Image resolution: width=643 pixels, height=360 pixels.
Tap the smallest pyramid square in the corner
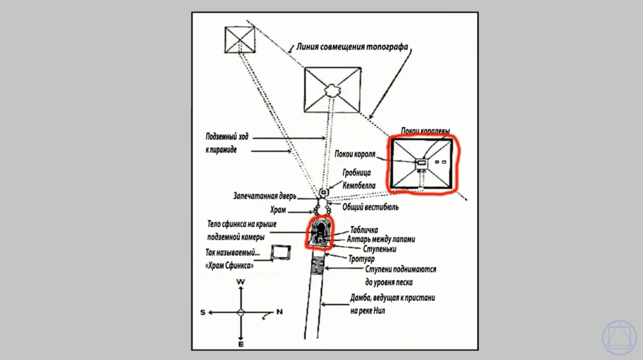point(238,39)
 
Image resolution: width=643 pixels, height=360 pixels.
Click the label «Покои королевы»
point(425,132)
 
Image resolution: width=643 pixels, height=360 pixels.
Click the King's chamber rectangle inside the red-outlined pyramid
point(422,162)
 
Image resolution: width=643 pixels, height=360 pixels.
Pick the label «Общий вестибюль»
point(370,207)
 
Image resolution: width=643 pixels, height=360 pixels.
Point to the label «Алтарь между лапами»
point(382,239)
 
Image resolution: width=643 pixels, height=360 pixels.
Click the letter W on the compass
point(241,282)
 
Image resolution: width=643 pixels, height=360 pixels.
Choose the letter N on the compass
point(279,312)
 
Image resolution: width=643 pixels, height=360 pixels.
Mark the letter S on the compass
point(203,312)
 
